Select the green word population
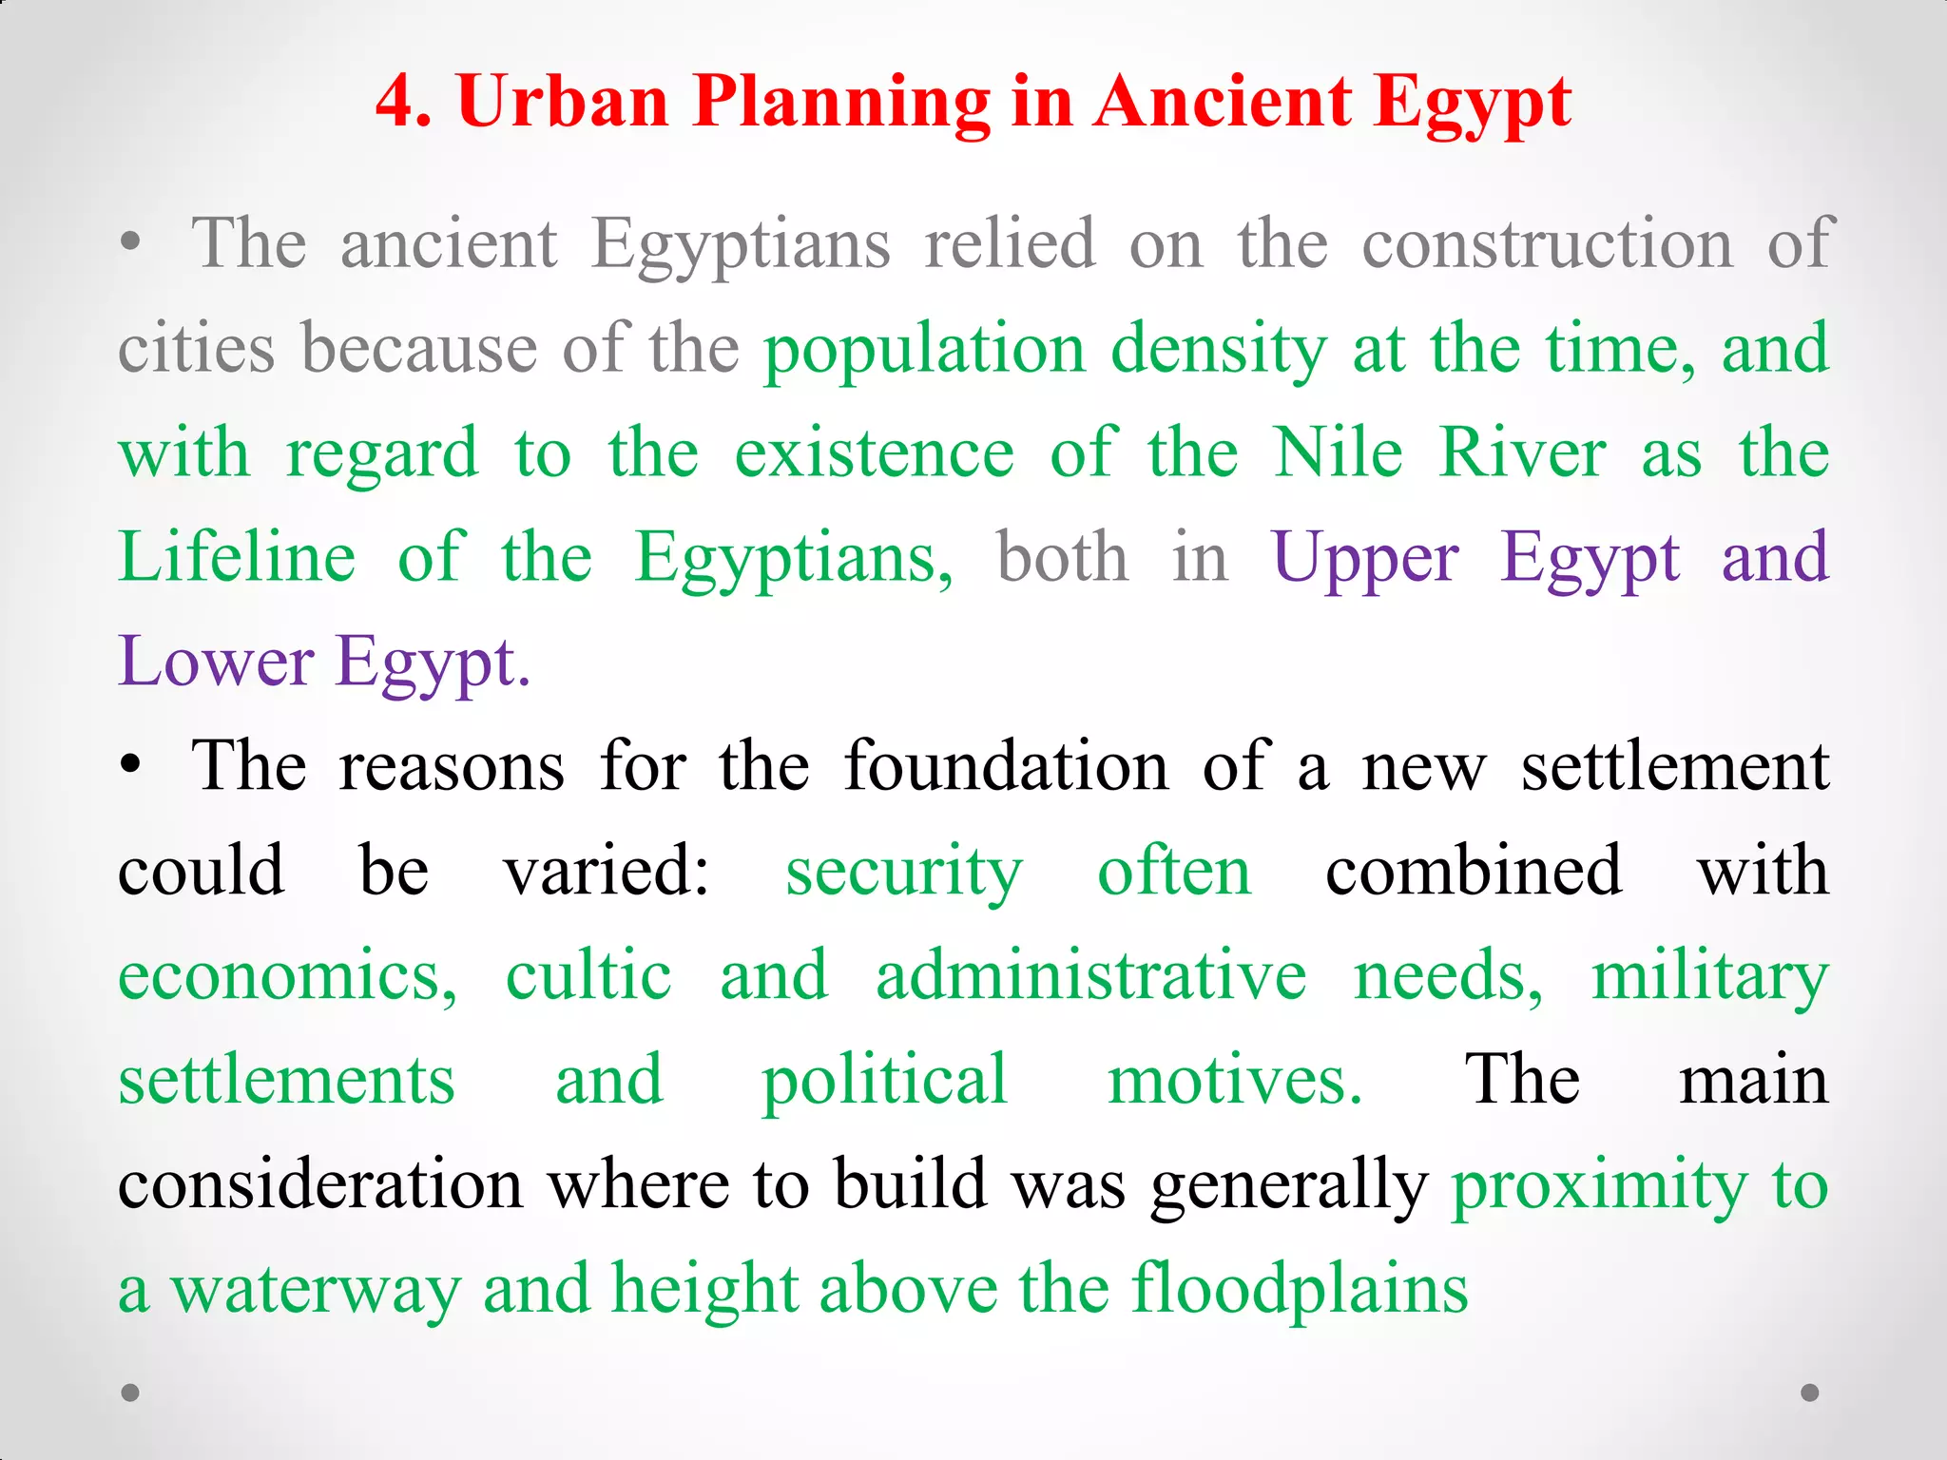(925, 350)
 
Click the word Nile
(1338, 452)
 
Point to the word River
(1522, 452)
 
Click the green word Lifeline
(238, 557)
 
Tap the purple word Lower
(216, 662)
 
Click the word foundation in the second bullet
(1006, 766)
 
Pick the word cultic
(588, 975)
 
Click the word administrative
(1090, 975)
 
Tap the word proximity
(1599, 1186)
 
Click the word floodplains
(1300, 1289)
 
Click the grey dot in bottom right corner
(1810, 1393)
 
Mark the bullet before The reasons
(131, 766)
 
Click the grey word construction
(1548, 245)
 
